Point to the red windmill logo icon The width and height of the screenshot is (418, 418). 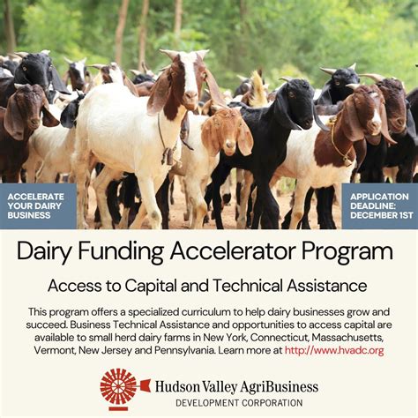coord(119,388)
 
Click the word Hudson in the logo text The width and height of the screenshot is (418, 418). coord(179,385)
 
